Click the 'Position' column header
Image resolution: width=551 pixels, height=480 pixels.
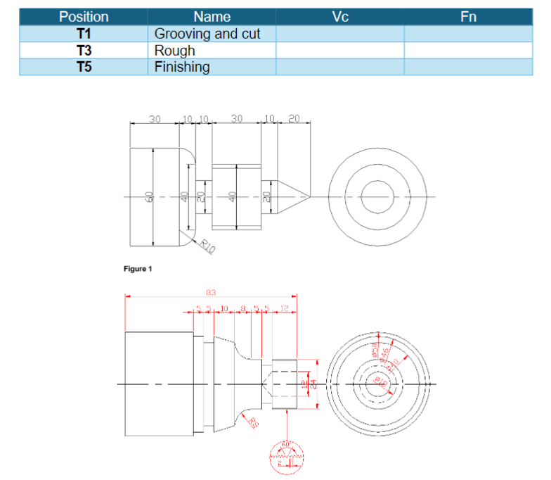[x=84, y=16]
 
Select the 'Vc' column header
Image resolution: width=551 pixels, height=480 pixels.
[x=339, y=16]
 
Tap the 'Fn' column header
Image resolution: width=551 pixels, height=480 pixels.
[x=468, y=16]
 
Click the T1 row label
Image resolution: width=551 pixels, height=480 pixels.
[x=84, y=33]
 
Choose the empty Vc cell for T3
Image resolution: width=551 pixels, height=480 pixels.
[x=339, y=50]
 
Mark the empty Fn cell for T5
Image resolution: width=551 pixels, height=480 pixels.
[x=468, y=67]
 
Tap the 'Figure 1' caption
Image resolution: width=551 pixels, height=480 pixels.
[x=137, y=268]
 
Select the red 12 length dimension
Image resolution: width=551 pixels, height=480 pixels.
[x=284, y=308]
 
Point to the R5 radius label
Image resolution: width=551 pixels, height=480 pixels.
[x=252, y=421]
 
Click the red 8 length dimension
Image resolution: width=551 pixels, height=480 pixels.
[x=243, y=308]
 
